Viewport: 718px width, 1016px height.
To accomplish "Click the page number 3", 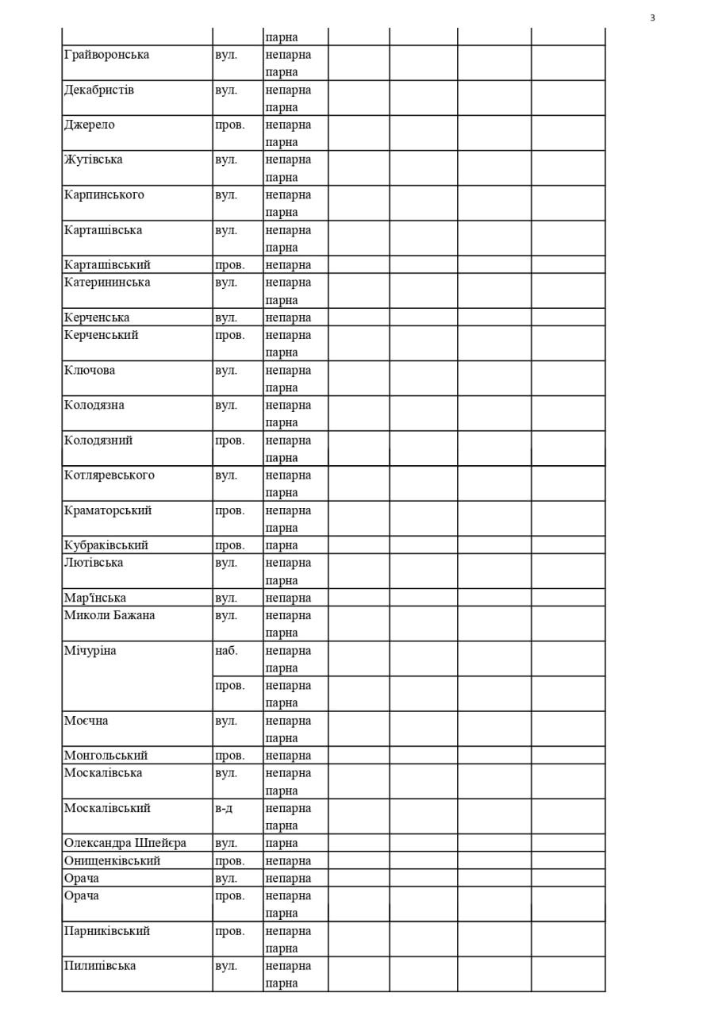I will pos(652,18).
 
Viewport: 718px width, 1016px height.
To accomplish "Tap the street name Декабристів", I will pos(99,90).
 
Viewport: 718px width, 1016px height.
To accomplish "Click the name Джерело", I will pos(90,125).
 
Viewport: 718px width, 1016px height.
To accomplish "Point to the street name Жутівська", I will pos(94,160).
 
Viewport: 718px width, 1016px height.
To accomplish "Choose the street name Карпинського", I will pos(104,194).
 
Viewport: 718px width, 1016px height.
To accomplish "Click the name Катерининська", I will pos(107,283).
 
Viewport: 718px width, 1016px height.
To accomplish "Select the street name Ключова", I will pos(90,370).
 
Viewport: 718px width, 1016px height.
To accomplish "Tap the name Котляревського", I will pos(109,475).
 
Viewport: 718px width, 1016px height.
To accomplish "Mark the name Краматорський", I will pos(108,510).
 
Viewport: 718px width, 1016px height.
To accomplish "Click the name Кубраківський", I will pos(106,545).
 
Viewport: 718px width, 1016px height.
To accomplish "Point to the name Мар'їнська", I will pos(95,598).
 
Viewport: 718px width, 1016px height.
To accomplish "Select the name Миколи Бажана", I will pos(109,615).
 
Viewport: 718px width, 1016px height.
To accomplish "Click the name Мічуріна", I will pos(90,651).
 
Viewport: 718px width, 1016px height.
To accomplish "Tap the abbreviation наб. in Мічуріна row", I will pos(226,651).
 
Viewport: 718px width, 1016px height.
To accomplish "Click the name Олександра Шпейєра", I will pos(125,843).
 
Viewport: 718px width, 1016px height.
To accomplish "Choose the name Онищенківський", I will pos(112,860).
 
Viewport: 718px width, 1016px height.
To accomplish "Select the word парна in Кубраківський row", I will pos(282,545).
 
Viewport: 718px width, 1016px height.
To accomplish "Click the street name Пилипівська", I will pos(100,966).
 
